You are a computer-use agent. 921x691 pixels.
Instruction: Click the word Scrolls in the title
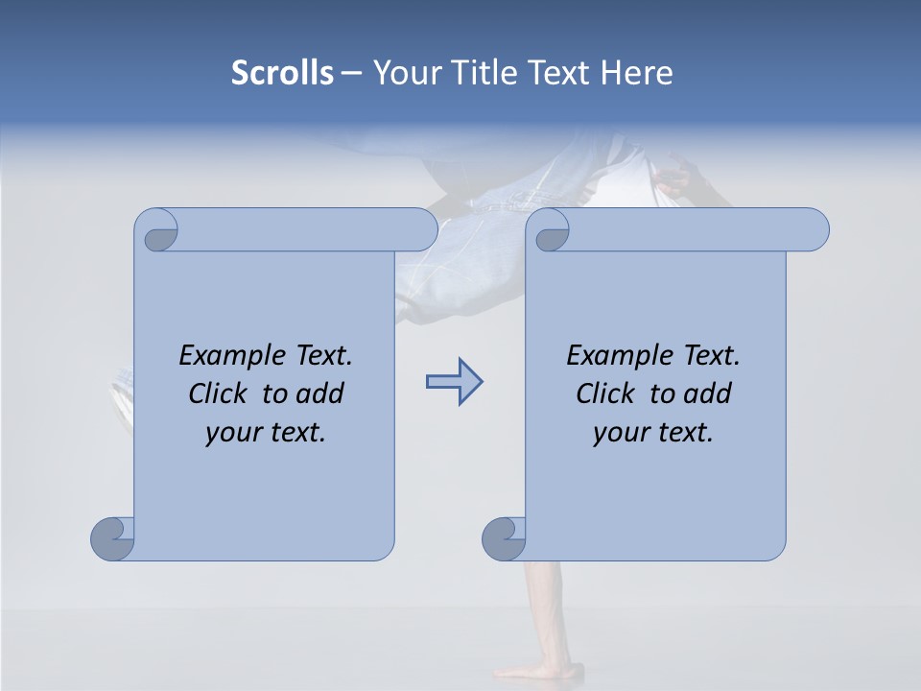pyautogui.click(x=282, y=73)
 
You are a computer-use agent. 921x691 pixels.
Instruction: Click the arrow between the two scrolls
pyautogui.click(x=454, y=382)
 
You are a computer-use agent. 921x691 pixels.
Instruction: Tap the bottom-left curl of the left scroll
pyautogui.click(x=111, y=538)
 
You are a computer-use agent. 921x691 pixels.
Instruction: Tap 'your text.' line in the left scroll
pyautogui.click(x=266, y=432)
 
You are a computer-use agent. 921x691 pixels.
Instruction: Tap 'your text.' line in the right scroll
pyautogui.click(x=653, y=432)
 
